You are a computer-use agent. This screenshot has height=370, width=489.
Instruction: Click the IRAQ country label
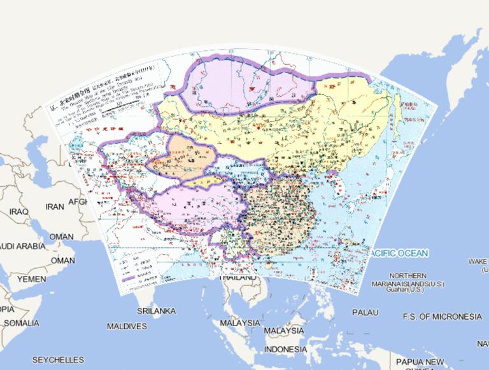coord(18,211)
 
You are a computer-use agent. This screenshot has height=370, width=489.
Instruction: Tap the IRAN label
coord(55,207)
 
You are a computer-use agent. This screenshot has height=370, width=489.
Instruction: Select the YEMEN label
coord(31,279)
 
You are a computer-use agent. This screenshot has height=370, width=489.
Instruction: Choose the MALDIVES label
coord(126,326)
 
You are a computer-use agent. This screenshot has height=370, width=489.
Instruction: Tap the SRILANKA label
coord(156,311)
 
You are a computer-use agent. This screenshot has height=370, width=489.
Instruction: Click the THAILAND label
coord(237,278)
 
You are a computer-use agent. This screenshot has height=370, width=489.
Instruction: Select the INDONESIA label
coord(285,350)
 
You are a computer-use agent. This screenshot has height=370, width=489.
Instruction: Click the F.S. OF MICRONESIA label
coord(442,316)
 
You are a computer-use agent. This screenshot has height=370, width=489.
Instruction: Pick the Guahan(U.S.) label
coord(406,289)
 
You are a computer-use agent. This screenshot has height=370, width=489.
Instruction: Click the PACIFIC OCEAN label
coord(399,253)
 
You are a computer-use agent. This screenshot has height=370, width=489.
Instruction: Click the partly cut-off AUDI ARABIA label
coord(22,245)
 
